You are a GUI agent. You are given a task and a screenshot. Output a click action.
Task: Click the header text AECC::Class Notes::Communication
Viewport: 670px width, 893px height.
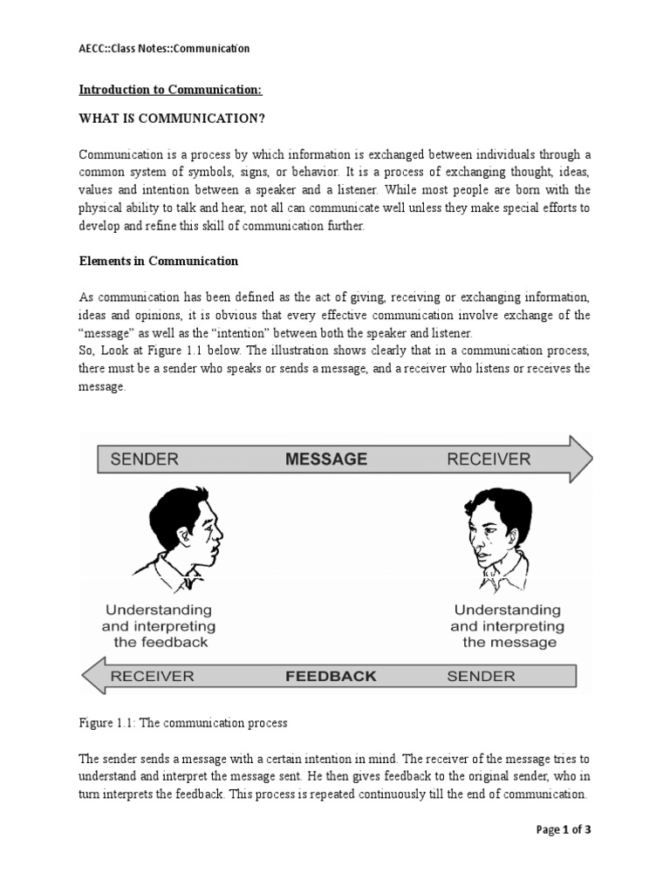(x=164, y=48)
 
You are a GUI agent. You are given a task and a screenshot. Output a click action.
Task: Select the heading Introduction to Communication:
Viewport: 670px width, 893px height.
(x=170, y=89)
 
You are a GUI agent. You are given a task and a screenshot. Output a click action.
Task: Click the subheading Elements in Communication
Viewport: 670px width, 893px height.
(x=158, y=261)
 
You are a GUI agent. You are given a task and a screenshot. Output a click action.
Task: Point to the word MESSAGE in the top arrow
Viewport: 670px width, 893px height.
(x=326, y=459)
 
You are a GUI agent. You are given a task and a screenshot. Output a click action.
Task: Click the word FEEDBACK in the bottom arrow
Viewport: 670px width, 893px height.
(x=331, y=676)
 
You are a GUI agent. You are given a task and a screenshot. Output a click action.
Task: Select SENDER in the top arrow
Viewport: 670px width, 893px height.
(x=144, y=459)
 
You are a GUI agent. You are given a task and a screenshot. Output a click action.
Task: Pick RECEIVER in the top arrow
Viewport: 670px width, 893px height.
(x=488, y=459)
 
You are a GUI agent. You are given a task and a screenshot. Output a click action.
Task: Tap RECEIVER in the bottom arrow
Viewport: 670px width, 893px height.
(x=152, y=676)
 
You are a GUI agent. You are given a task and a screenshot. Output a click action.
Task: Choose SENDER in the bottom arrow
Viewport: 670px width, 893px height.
(x=481, y=676)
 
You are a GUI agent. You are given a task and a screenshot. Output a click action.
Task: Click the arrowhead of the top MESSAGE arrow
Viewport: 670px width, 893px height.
(x=578, y=459)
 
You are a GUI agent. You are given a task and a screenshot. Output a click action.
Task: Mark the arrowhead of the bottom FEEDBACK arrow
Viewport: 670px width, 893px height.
(x=94, y=677)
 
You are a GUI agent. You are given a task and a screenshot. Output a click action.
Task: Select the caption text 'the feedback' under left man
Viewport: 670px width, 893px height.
(x=161, y=643)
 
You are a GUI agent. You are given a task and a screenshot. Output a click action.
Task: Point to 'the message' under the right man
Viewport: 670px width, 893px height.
(x=509, y=643)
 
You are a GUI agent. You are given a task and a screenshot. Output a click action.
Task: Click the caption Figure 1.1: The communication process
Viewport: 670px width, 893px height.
(x=182, y=724)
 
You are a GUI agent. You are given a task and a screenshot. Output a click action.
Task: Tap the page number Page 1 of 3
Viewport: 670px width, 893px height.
(x=563, y=829)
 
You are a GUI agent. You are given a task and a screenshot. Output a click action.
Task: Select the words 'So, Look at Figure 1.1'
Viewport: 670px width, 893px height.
(x=136, y=351)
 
